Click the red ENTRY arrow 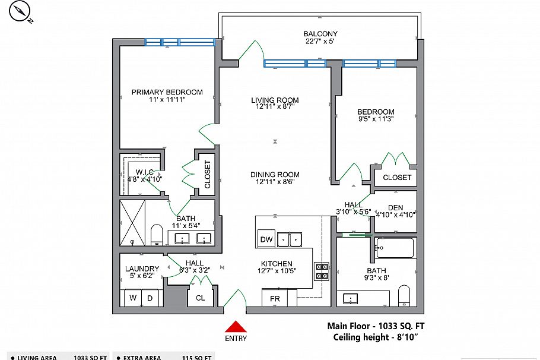coord(237,326)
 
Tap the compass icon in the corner coord(23,12)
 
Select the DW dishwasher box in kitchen coord(265,239)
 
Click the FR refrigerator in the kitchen coord(275,298)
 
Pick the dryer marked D coord(150,298)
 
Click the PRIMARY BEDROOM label coord(167,92)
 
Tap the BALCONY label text coord(320,34)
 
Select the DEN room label coord(395,207)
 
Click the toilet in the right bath coord(404,295)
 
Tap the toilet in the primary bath coord(157,233)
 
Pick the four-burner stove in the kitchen coord(322,271)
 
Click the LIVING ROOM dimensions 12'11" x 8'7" coord(274,108)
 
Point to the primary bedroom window coord(180,42)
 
